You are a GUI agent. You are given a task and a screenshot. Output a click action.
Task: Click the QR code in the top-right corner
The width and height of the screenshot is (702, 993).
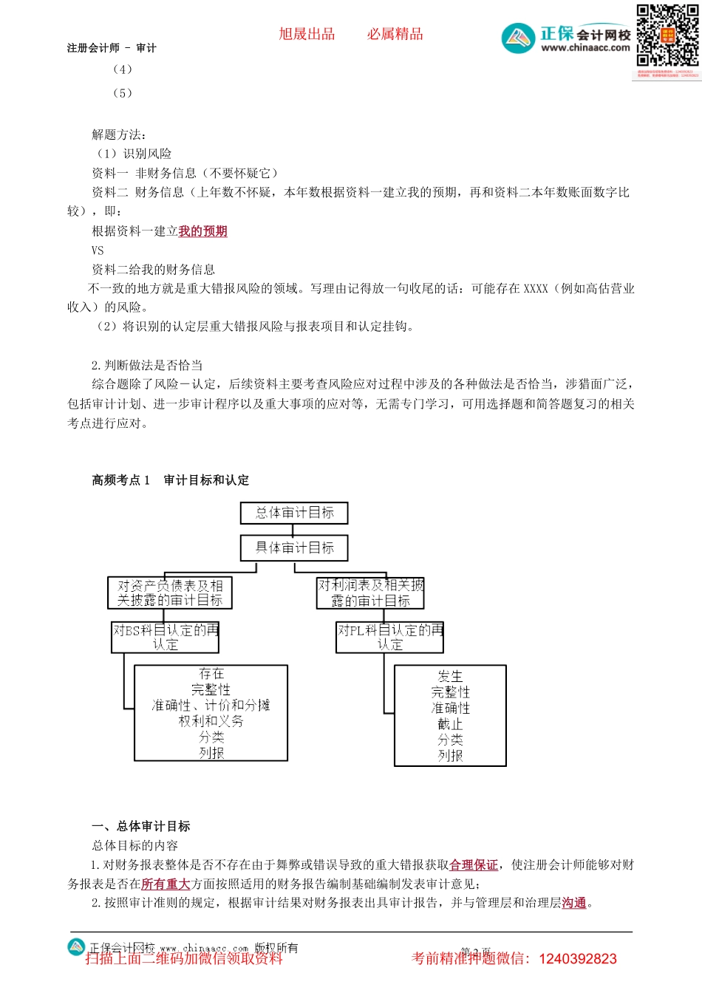tap(667, 36)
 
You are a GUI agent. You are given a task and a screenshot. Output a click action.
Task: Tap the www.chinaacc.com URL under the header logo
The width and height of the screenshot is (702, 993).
tap(585, 48)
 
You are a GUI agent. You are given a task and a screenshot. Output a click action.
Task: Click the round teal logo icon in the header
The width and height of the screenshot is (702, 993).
tap(518, 38)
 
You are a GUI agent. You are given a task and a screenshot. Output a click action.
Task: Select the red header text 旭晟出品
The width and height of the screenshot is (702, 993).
tap(307, 34)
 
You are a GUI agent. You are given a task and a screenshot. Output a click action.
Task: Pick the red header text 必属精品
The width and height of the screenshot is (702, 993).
tap(395, 34)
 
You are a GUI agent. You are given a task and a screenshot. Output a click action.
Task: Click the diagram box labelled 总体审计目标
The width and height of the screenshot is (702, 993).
tap(294, 513)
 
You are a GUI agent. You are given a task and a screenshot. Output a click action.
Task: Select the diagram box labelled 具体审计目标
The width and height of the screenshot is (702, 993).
tap(294, 547)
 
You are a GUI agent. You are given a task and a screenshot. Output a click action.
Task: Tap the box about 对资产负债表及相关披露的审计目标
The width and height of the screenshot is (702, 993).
tap(170, 593)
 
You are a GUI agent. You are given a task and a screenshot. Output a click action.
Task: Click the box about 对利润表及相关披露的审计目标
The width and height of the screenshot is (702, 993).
tap(370, 593)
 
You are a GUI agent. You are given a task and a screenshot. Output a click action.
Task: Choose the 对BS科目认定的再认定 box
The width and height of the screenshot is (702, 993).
tap(166, 638)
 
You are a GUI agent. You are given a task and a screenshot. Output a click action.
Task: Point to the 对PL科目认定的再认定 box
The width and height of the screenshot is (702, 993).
tap(390, 638)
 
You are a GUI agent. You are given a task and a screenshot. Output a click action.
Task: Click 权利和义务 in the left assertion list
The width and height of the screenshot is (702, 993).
tap(211, 721)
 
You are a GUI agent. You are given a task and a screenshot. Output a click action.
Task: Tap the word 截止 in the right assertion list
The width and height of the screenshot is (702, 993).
tap(450, 724)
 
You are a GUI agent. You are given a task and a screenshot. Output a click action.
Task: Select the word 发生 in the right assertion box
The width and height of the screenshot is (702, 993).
tap(450, 676)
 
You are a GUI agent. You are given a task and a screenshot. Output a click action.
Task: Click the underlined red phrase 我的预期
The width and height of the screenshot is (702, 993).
tap(202, 231)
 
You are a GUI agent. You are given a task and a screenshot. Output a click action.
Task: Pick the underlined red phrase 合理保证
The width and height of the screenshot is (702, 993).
tap(474, 865)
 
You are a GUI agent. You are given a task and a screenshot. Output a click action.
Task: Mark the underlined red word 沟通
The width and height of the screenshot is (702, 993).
tap(574, 903)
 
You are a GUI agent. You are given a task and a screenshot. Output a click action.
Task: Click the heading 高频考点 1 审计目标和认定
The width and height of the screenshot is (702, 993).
tap(171, 480)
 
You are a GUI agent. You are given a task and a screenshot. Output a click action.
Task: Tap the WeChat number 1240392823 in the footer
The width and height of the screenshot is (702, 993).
tap(578, 959)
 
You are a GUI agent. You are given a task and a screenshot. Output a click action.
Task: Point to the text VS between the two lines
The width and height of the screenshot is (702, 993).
tap(98, 250)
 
